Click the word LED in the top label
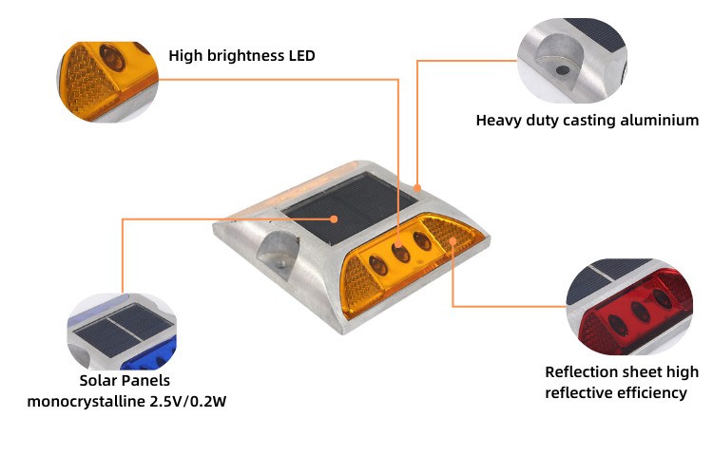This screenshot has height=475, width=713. point(300,55)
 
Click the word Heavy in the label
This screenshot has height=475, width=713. point(497,121)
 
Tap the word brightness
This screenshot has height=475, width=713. point(244,55)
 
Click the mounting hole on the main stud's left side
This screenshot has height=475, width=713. point(279,254)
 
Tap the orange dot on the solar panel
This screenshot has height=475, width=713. point(335,219)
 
